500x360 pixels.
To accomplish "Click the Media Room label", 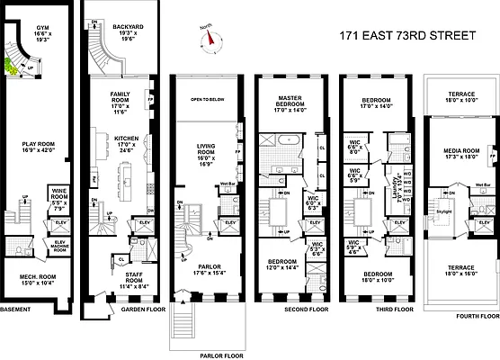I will click(461, 156).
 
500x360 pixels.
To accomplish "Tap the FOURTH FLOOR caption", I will click(478, 316).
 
